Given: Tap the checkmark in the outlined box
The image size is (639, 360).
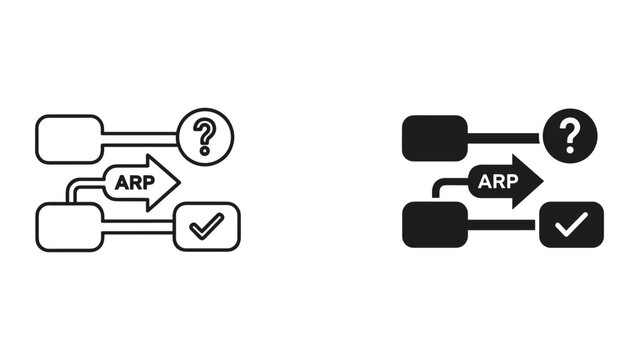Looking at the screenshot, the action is tap(206, 226).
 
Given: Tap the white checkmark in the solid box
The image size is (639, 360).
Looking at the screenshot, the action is tap(571, 226).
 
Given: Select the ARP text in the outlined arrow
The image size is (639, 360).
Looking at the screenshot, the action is tap(133, 183).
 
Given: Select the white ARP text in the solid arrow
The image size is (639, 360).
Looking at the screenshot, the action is tap(498, 183).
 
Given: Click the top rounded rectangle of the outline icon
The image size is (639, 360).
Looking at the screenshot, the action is tap(69, 139).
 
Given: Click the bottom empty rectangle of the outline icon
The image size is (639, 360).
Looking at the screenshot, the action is tap(69, 226).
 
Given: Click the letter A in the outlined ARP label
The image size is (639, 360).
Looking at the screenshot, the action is tap(122, 183).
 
